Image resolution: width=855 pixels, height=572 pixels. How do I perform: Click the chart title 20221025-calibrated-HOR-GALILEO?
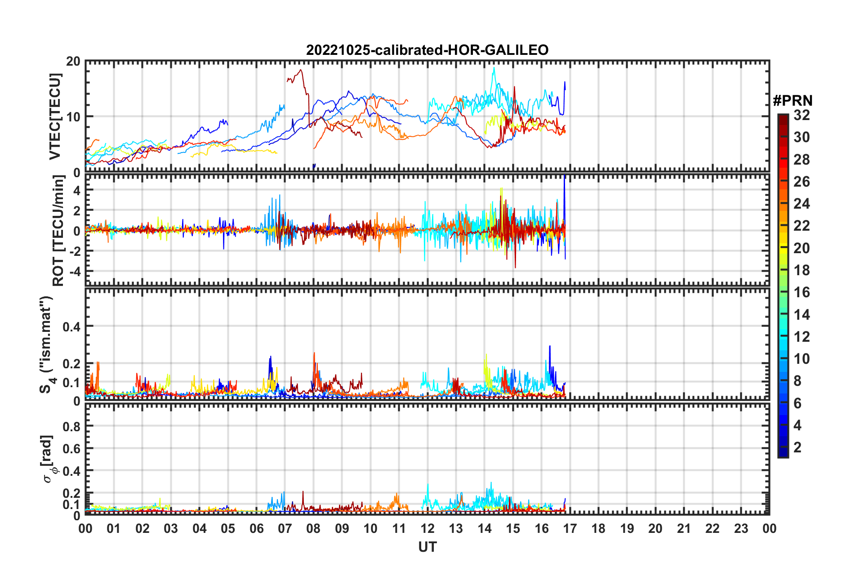(x=427, y=50)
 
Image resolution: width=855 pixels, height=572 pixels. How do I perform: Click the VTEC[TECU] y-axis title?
(x=55, y=116)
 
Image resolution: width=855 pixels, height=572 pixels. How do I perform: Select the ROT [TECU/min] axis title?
(x=58, y=231)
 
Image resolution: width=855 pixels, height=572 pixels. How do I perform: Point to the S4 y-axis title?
(x=46, y=344)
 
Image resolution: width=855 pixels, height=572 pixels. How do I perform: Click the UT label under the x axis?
(x=427, y=547)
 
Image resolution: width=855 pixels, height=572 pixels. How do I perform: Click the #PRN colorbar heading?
(x=793, y=101)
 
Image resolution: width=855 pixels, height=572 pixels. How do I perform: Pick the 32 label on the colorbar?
(x=801, y=116)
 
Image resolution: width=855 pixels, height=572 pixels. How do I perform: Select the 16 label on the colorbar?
(x=801, y=293)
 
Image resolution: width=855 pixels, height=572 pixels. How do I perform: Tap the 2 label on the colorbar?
(x=797, y=447)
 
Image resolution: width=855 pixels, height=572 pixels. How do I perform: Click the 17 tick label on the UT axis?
(x=570, y=528)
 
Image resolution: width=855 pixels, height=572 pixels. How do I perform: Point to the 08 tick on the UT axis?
(x=313, y=528)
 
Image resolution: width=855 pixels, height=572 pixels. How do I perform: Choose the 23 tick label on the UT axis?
(x=741, y=528)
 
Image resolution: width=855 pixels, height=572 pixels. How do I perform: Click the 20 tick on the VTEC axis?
(x=73, y=62)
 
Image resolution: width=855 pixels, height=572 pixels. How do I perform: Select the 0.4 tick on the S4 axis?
(x=71, y=326)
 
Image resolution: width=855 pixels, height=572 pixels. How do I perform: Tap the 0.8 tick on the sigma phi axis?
(x=71, y=426)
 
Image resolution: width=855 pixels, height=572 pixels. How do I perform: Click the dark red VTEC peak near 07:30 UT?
(x=301, y=70)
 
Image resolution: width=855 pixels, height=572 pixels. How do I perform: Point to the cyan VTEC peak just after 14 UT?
(x=494, y=68)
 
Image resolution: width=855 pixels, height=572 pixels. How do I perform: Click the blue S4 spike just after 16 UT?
(x=549, y=346)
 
